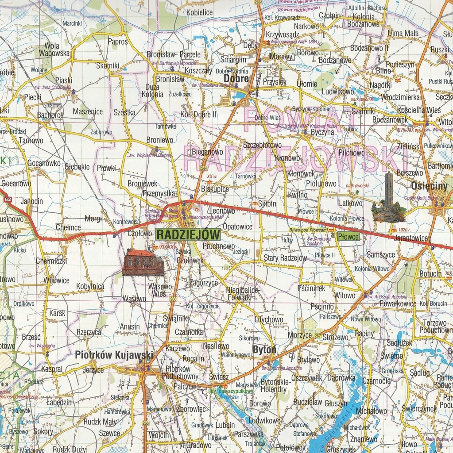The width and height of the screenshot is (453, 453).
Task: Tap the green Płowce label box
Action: coord(348,237)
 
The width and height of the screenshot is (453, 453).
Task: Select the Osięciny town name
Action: coord(429,186)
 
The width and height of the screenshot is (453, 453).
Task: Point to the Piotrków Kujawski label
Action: coord(114,355)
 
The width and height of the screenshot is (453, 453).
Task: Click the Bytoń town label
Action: coord(264,349)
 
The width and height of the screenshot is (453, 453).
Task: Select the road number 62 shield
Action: coord(8,200)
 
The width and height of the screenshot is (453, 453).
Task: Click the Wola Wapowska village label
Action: coord(54,49)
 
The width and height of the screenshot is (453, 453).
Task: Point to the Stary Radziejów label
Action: coord(285,258)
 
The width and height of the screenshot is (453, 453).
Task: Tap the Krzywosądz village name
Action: coord(283,35)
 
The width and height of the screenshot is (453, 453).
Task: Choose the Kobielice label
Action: coord(199,12)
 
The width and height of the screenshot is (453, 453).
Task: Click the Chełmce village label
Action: coord(68,227)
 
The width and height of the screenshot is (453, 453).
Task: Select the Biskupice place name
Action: coord(215,189)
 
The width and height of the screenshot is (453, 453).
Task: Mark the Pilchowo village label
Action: coord(352,153)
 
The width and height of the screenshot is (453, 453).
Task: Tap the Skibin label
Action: coord(267,204)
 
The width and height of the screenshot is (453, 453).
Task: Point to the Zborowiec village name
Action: coord(190,409)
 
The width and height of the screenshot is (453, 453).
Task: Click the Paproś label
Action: coord(118,42)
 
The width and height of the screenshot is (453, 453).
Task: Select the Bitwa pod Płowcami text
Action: coord(308,230)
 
